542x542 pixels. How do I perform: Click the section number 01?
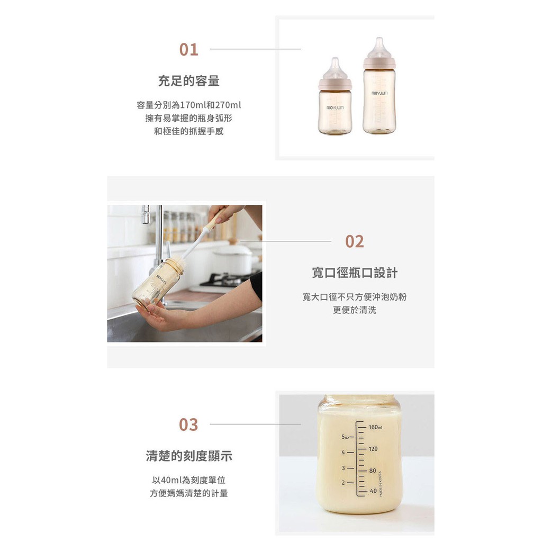tap(188, 49)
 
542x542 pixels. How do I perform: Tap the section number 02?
tap(354, 241)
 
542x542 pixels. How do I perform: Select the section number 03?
tap(188, 424)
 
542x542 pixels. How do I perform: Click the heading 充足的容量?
tap(189, 81)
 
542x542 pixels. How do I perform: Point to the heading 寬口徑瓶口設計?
tap(355, 273)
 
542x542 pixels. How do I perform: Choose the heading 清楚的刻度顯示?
tap(189, 456)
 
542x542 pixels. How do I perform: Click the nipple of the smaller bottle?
tap(335, 68)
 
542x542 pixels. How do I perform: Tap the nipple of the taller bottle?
tap(379, 48)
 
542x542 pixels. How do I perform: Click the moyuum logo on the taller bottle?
tap(380, 93)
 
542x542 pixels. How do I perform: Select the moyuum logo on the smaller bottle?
tap(335, 108)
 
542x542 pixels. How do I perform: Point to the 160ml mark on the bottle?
tap(375, 427)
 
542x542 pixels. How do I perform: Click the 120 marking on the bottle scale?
tap(373, 449)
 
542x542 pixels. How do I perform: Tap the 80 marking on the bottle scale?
tap(372, 471)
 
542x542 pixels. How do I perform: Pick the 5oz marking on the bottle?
tap(345, 437)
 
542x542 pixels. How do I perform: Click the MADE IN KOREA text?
tap(381, 484)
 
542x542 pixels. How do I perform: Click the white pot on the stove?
tap(232, 259)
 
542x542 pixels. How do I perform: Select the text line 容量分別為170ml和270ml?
tap(189, 105)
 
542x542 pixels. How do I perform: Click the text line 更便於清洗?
tap(355, 310)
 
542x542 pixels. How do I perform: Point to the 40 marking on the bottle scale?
tap(373, 491)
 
